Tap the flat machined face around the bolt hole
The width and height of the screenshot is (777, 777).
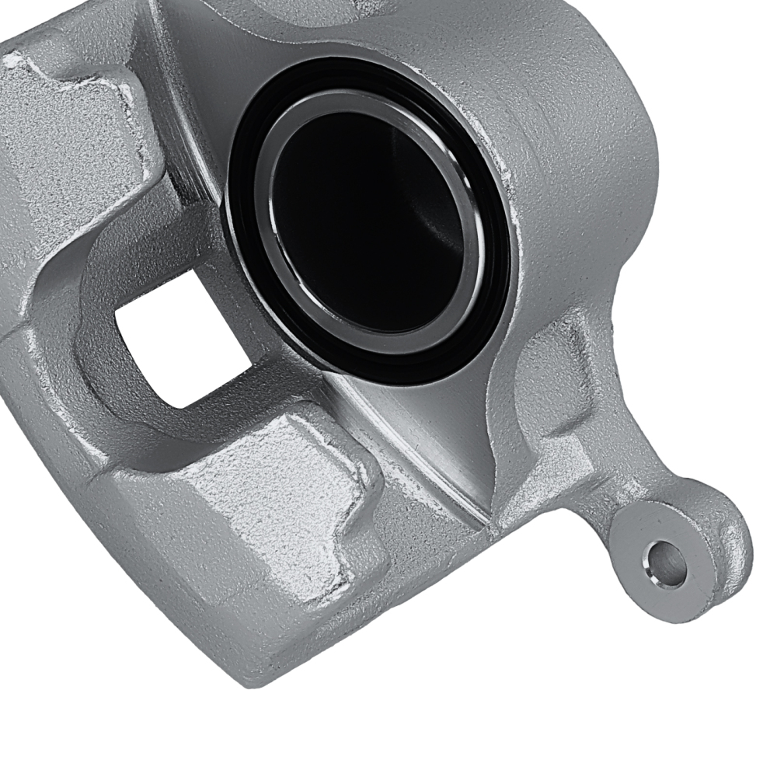coord(684,536)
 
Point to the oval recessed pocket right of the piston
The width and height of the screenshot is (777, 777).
coord(544,381)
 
